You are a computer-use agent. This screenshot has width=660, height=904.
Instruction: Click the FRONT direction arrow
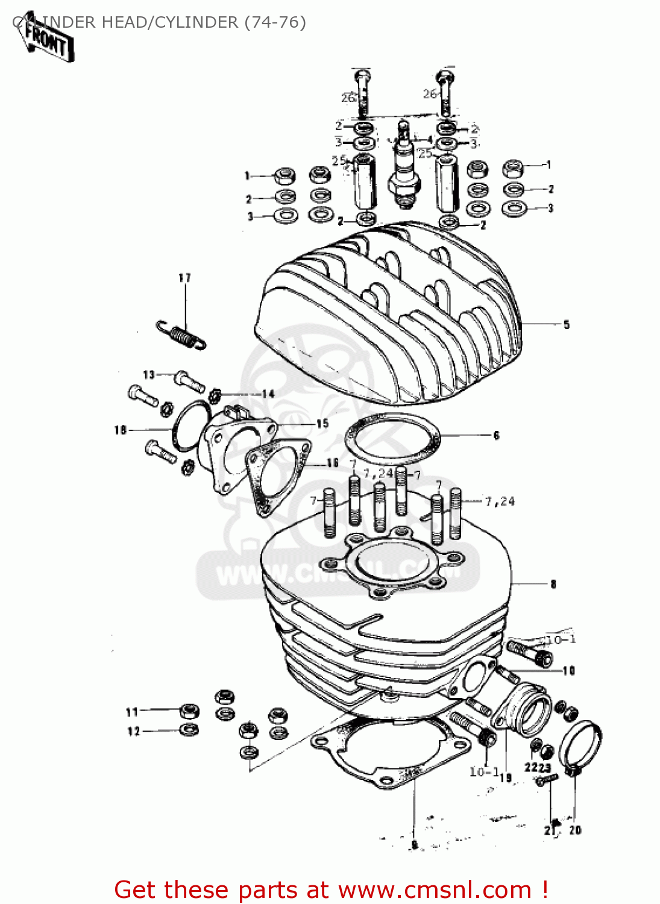[48, 41]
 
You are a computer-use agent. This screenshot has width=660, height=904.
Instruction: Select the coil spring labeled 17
[181, 335]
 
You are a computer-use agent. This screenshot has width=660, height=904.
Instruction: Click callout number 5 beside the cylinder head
[566, 325]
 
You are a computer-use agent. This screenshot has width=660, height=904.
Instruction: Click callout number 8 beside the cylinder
[553, 584]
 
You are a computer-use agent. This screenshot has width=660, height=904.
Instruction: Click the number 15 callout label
[322, 424]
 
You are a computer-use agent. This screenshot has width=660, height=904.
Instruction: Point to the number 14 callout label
[268, 394]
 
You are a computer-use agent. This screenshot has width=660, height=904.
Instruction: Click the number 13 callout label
[149, 375]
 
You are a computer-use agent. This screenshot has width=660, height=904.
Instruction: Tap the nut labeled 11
[189, 711]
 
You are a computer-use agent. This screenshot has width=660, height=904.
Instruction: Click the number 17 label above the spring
[184, 278]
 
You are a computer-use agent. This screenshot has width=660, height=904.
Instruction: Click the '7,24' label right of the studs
[500, 501]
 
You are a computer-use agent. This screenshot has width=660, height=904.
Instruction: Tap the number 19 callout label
[505, 778]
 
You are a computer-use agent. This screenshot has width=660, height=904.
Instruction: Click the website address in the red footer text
[435, 890]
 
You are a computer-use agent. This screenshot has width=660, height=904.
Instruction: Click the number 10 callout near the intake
[568, 671]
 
